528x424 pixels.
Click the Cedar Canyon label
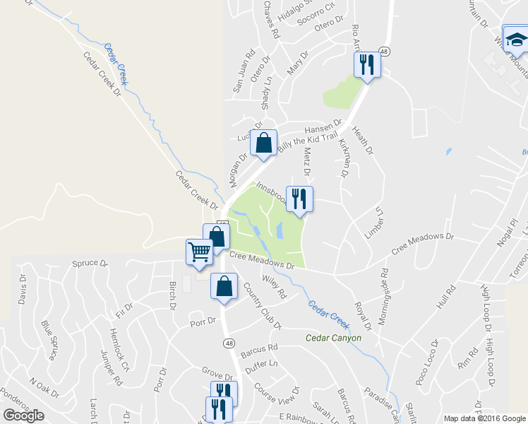tap(334, 338)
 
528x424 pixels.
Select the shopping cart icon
tap(199, 251)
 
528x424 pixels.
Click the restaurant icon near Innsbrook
tap(299, 199)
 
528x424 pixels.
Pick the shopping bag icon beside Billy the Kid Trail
tap(263, 143)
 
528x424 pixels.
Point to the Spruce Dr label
tap(90, 264)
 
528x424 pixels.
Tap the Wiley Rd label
tap(273, 287)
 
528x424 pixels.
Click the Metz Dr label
tap(307, 161)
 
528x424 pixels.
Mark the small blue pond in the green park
tap(280, 230)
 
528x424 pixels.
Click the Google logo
tap(23, 416)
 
